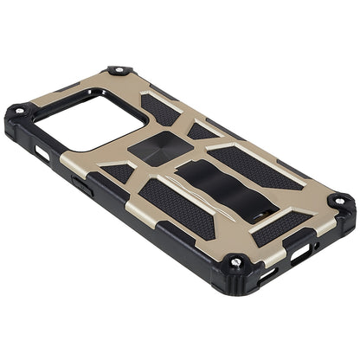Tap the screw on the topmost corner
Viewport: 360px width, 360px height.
point(116,70)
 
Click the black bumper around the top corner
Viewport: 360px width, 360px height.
point(117,76)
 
